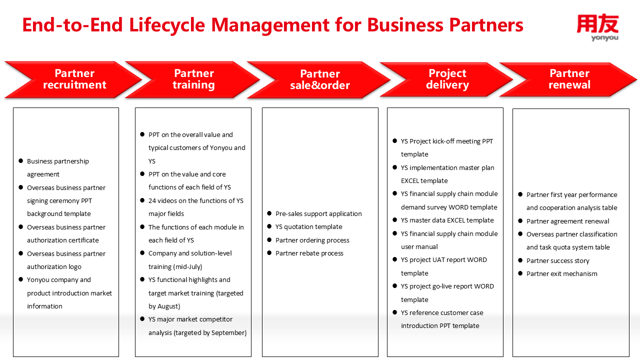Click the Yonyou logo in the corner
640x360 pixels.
tap(597, 27)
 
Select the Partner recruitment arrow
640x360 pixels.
tap(74, 79)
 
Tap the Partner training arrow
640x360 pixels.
tap(193, 79)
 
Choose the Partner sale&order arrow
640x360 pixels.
tap(319, 80)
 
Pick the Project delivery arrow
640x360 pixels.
tap(447, 79)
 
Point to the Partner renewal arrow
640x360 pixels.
tap(569, 79)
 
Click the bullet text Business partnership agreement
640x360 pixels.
tap(57, 167)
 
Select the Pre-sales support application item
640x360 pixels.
tap(318, 213)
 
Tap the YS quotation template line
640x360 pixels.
tap(308, 227)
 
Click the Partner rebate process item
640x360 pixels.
tap(309, 253)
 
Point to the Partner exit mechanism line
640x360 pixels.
tap(561, 274)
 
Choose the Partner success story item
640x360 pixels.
tap(557, 260)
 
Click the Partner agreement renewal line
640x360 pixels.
tap(567, 221)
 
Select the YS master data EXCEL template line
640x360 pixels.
tap(447, 220)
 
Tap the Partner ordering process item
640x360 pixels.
tap(312, 240)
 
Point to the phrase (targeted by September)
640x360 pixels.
tap(210, 332)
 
